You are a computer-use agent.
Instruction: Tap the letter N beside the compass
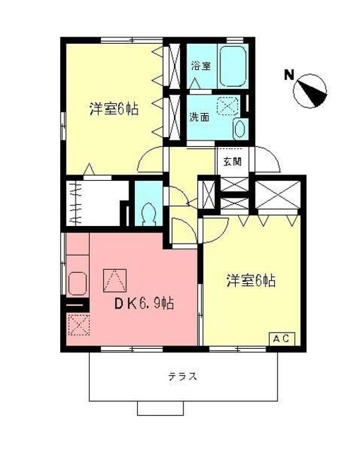288,73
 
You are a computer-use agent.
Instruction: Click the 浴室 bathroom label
200,66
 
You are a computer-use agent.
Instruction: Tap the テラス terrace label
182,376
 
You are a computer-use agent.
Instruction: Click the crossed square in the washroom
228,107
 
